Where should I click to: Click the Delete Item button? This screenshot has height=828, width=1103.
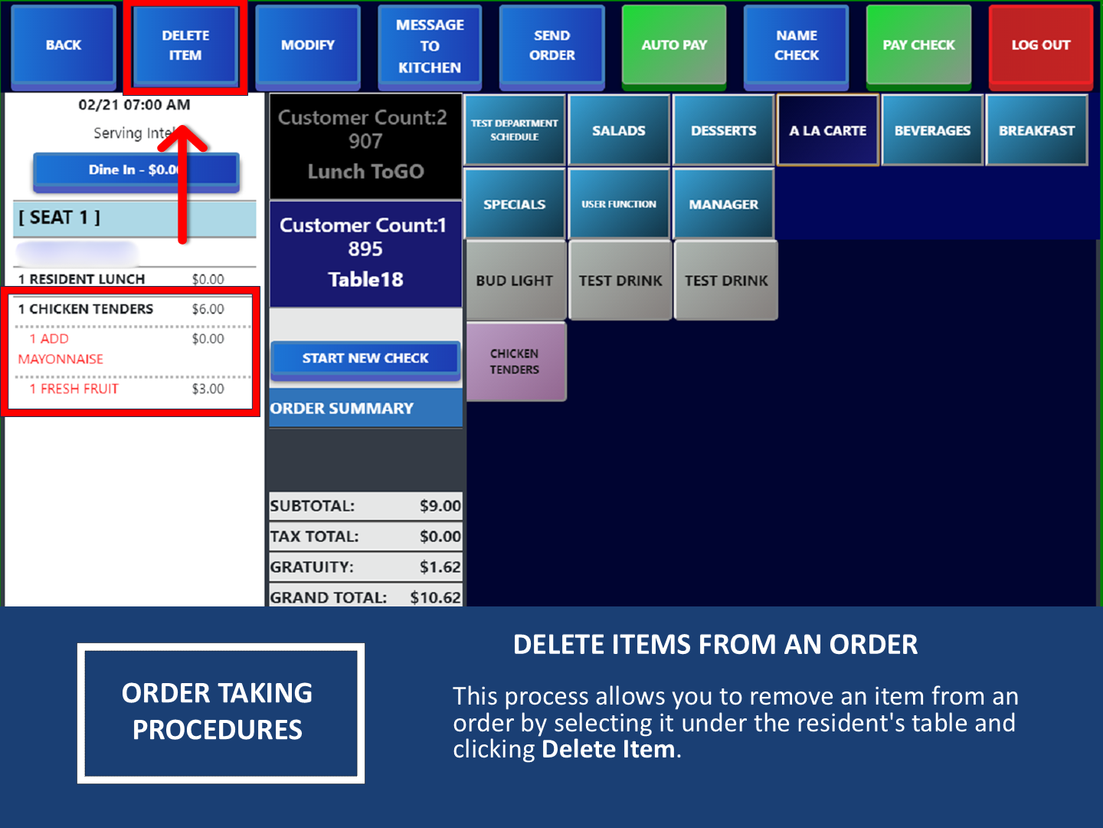(x=185, y=45)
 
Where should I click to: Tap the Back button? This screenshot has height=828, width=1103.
(x=64, y=45)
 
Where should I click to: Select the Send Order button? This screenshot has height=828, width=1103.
(x=551, y=45)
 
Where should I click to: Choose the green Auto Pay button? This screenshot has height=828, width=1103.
(x=674, y=45)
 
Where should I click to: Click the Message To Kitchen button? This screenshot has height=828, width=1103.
(x=430, y=46)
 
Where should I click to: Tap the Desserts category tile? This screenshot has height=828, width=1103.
(x=723, y=130)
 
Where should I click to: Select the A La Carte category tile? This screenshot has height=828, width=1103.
(x=828, y=130)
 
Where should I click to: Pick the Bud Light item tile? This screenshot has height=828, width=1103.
(x=515, y=281)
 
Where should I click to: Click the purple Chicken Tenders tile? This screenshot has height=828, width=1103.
(x=515, y=362)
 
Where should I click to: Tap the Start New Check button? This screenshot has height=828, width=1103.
(x=365, y=359)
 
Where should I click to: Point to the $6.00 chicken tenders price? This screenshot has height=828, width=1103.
(x=208, y=309)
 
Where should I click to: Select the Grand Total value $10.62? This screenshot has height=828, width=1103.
(x=435, y=597)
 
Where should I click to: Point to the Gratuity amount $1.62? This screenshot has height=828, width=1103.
(x=440, y=567)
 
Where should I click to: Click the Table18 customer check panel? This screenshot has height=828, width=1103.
(x=365, y=253)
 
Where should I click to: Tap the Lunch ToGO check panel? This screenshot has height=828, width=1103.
(x=365, y=146)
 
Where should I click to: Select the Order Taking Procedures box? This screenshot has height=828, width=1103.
(x=220, y=712)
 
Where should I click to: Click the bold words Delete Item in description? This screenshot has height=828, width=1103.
(x=608, y=749)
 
